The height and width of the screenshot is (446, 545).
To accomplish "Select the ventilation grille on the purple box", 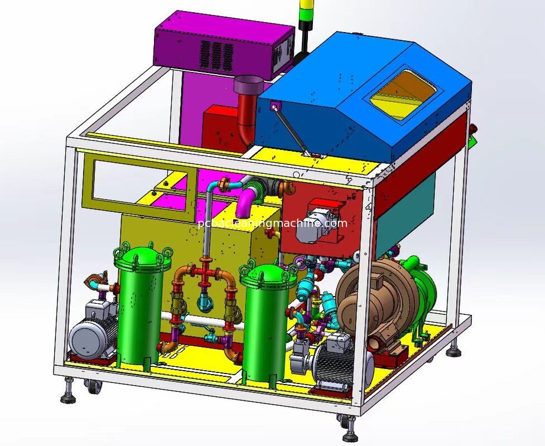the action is [x=216, y=55].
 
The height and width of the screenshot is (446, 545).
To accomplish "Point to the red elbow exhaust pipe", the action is [x=248, y=118].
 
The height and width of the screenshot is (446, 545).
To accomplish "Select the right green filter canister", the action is [x=266, y=323].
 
